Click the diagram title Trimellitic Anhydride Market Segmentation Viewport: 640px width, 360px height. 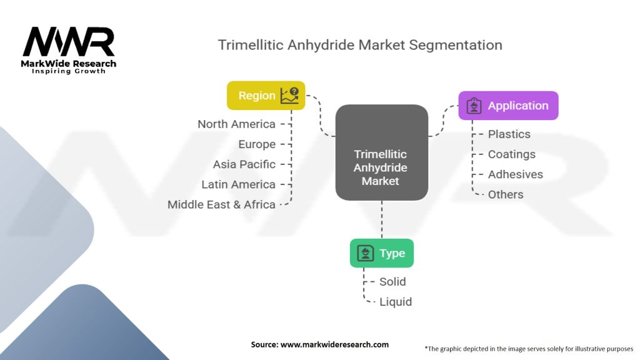pyautogui.click(x=359, y=45)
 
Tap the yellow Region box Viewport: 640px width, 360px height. pyautogui.click(x=266, y=96)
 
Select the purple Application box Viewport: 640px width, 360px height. pyautogui.click(x=508, y=106)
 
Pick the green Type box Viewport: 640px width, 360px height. pyautogui.click(x=381, y=253)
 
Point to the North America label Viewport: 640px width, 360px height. pyautogui.click(x=236, y=124)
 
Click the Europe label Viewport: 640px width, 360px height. pyautogui.click(x=257, y=144)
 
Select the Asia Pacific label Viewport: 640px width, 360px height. pyautogui.click(x=244, y=164)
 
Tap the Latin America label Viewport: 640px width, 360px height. pyautogui.click(x=238, y=184)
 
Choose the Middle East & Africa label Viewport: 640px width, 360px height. pyautogui.click(x=221, y=204)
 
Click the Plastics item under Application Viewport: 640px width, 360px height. pyautogui.click(x=509, y=134)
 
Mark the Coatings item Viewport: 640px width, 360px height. pyautogui.click(x=511, y=154)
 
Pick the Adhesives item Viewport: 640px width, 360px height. pyautogui.click(x=515, y=174)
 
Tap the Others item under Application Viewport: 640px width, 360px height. pyautogui.click(x=506, y=194)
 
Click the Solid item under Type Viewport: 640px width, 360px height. pyautogui.click(x=392, y=281)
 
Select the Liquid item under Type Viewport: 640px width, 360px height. pyautogui.click(x=396, y=302)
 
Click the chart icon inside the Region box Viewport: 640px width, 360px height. pyautogui.click(x=289, y=96)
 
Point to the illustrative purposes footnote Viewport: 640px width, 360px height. pyautogui.click(x=529, y=348)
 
